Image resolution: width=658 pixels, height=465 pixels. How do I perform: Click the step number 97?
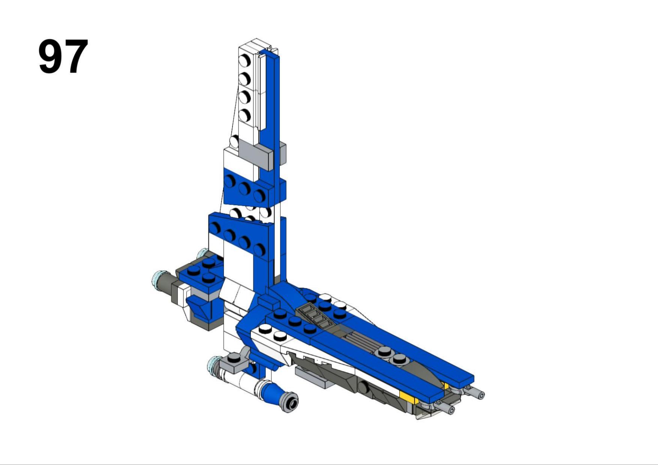tap(63, 56)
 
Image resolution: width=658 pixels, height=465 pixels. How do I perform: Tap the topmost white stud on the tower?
tap(245, 60)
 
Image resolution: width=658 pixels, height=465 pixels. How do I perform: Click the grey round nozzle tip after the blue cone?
tap(291, 402)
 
